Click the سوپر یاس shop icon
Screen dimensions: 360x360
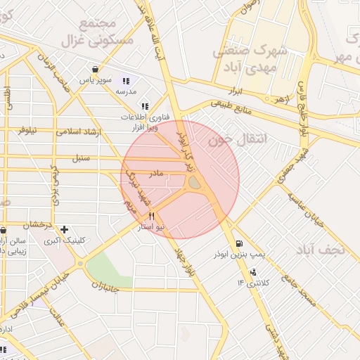click(95, 69)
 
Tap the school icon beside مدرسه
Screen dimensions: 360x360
click(126, 81)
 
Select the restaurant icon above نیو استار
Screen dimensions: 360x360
click(152, 217)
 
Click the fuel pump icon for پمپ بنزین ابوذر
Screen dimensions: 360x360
click(233, 243)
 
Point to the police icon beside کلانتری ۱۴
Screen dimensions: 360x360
click(252, 271)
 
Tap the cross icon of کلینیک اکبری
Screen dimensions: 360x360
click(65, 229)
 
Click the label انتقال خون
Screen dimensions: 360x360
click(239, 140)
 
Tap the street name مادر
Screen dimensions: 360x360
click(155, 172)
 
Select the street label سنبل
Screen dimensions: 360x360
click(82, 157)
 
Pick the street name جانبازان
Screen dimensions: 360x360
click(112, 286)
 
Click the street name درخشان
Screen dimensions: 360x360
click(38, 226)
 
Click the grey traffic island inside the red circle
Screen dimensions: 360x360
click(194, 183)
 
